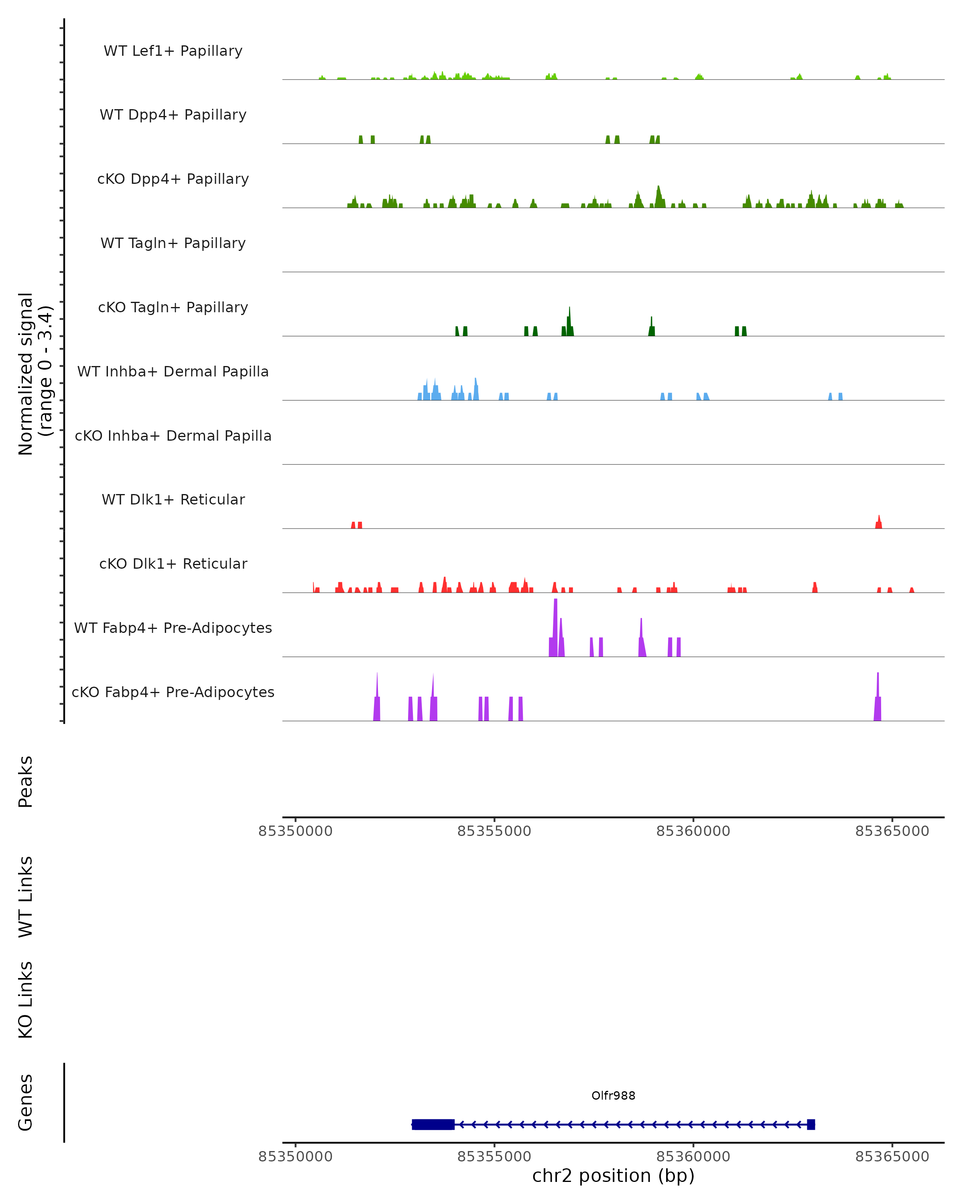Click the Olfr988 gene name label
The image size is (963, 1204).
613,1096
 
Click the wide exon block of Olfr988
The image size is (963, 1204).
433,1124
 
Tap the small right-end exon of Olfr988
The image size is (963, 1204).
811,1124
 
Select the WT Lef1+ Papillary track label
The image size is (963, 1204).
173,51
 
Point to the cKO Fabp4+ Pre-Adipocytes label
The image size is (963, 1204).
173,692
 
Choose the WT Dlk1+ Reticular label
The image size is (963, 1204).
173,499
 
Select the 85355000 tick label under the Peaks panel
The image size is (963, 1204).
494,831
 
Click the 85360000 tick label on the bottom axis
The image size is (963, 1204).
693,1157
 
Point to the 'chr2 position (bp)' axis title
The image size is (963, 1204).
613,1176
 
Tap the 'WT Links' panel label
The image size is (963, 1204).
26,896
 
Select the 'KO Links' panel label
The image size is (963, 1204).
26,1000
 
